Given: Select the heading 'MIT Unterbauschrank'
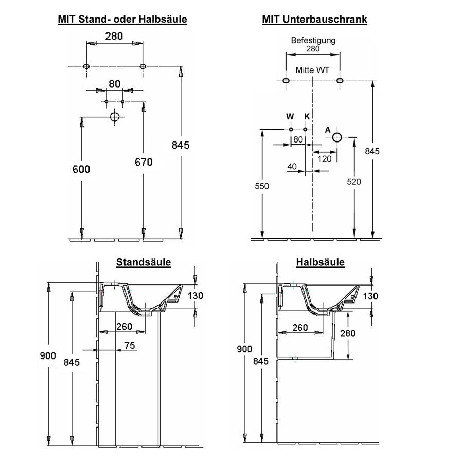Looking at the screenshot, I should pos(314,20).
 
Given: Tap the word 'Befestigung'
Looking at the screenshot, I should pos(313,40).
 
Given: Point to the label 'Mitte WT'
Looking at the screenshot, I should pos(313,69).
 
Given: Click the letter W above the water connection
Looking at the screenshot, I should pos(290,117).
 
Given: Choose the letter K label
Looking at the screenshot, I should pos(306,117).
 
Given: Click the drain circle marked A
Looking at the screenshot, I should pos(337,137).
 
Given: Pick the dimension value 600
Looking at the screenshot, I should pos(81,169).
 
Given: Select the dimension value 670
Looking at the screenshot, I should pos(144,162).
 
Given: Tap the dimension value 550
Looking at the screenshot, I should pos(262,186).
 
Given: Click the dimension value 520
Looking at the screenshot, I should pos(354,181).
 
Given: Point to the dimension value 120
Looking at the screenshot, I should pos(325,159).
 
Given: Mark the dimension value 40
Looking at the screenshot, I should pos(292,166).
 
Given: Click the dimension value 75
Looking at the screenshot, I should pos(130,346).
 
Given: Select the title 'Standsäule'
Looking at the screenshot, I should pos(144,262).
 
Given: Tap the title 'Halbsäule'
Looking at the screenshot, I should pos(320,262).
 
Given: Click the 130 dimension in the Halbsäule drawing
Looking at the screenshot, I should pos(370,296).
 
